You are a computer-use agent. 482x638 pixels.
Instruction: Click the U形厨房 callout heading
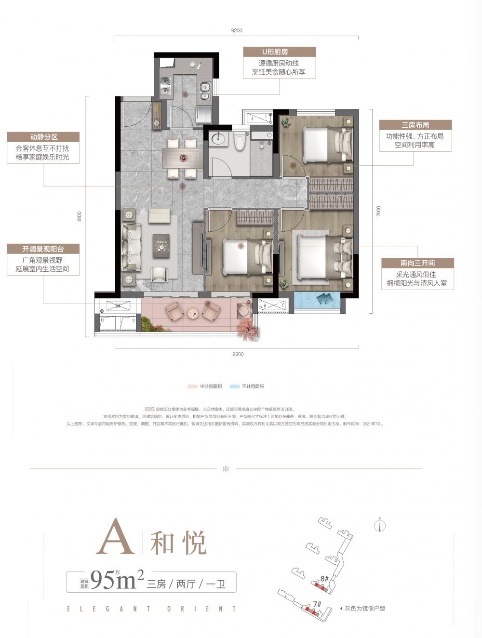click(279, 52)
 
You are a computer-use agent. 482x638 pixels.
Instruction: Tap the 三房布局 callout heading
click(415, 125)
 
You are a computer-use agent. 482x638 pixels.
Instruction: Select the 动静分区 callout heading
click(43, 137)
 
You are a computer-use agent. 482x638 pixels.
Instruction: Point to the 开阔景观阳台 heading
click(43, 249)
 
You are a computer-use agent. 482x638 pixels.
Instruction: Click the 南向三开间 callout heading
click(417, 263)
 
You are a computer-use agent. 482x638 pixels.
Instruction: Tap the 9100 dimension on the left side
click(80, 217)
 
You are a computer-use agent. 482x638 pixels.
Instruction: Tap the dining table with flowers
click(183, 158)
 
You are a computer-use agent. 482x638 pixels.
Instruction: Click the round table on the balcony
click(192, 313)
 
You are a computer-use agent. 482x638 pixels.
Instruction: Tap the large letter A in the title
click(115, 537)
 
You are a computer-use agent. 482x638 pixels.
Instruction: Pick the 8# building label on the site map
click(324, 578)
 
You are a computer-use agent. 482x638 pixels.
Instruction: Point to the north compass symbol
click(380, 526)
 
